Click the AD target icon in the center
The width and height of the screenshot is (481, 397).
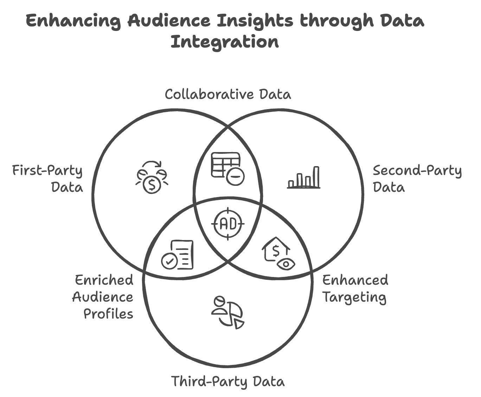point(228,224)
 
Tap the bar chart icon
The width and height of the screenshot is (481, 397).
point(304,178)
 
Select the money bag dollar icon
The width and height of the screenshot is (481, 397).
point(152,178)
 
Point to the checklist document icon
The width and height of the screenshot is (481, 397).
point(178,255)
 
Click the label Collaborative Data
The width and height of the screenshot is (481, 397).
point(228,94)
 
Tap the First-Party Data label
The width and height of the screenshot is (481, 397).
point(48,178)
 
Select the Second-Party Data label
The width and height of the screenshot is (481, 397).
point(417,178)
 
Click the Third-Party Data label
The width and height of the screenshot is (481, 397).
point(228,382)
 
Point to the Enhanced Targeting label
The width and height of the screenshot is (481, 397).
point(355,289)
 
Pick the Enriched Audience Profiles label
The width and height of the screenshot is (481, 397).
point(103,297)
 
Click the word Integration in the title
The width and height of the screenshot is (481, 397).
point(225,42)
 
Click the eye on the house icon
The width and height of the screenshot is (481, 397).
point(286,264)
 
